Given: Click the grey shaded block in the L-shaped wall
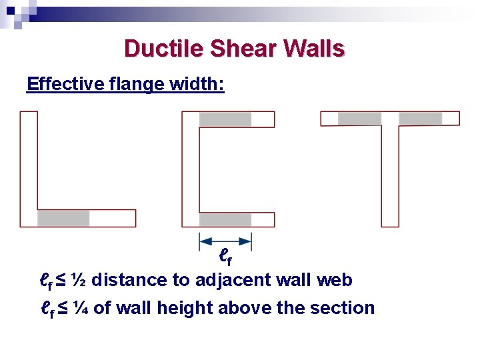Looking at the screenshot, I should pyautogui.click(x=63, y=219).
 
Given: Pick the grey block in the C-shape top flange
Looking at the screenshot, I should pyautogui.click(x=225, y=119).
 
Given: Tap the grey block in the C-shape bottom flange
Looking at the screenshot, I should pyautogui.click(x=225, y=219).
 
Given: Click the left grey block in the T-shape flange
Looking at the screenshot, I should pyautogui.click(x=359, y=119).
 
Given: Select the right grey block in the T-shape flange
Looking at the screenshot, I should pyautogui.click(x=420, y=119).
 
